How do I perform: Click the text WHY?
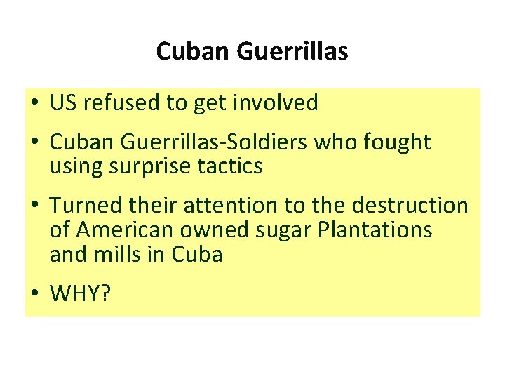pos(81,293)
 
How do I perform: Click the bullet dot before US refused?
pos(33,104)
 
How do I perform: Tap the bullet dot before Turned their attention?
pos(33,206)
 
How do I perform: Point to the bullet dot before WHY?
pos(33,293)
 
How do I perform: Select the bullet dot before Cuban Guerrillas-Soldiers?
pos(33,143)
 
